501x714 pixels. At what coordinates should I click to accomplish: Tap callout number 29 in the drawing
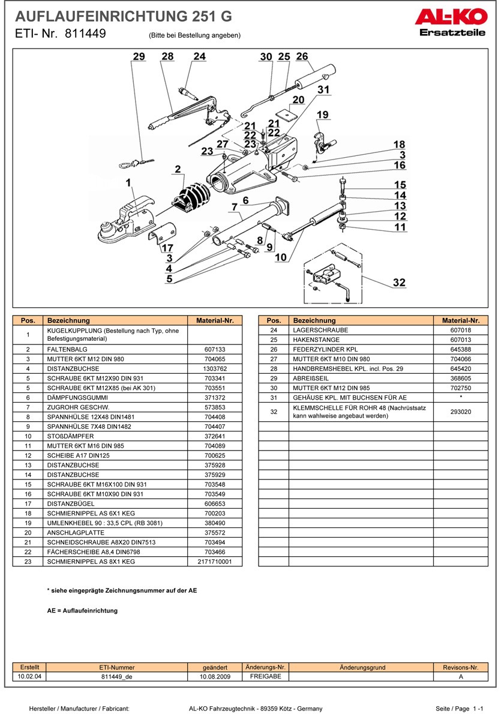139,56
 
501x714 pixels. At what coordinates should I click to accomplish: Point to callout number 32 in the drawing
399,283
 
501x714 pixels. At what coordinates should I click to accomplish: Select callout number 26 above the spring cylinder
302,56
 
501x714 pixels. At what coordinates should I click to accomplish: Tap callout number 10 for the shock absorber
280,258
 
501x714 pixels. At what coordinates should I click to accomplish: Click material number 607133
214,349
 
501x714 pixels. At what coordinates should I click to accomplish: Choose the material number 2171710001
214,562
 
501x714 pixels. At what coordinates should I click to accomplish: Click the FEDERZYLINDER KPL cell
360,349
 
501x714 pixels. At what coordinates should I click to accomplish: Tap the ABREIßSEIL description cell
360,378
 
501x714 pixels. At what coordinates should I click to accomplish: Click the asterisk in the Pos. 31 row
460,397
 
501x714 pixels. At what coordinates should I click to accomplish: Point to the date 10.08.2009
215,676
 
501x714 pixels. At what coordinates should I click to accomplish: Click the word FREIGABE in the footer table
265,676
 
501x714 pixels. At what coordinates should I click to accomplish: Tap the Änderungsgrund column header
362,667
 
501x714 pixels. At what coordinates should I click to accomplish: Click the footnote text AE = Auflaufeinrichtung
82,611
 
